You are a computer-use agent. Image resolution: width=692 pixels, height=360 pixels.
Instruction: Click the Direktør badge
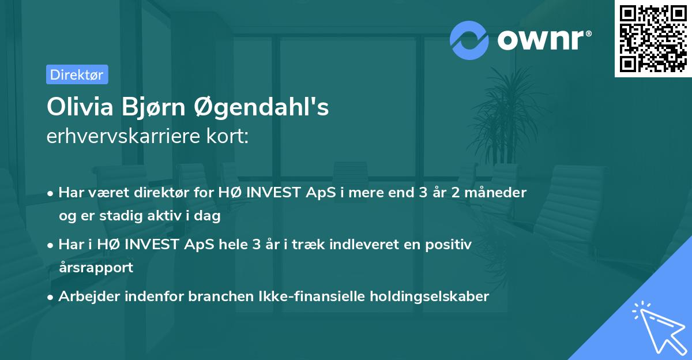click(x=77, y=74)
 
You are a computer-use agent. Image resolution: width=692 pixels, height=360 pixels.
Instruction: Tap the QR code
click(x=653, y=38)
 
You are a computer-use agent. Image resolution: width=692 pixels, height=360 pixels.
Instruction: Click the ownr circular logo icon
click(x=469, y=39)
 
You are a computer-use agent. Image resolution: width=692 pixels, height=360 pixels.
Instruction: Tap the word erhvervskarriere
click(x=121, y=137)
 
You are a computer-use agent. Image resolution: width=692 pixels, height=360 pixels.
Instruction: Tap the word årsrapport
click(x=96, y=268)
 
